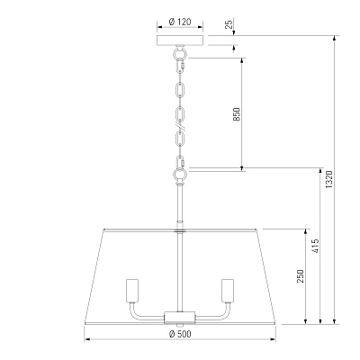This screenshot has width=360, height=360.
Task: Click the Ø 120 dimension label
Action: tap(180, 22)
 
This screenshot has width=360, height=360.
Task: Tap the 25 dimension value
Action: tap(229, 24)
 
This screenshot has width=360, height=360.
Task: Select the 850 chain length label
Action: tap(237, 114)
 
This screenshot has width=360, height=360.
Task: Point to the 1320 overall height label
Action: tap(329, 179)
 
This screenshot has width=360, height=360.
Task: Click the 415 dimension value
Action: tap(315, 246)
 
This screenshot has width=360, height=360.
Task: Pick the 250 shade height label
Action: tap(301, 275)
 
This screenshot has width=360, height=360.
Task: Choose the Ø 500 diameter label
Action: tap(180, 334)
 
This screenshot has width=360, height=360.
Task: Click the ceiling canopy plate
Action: tap(180, 40)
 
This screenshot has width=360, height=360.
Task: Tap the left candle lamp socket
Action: tap(132, 291)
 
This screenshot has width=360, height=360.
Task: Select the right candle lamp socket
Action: tap(228, 291)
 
